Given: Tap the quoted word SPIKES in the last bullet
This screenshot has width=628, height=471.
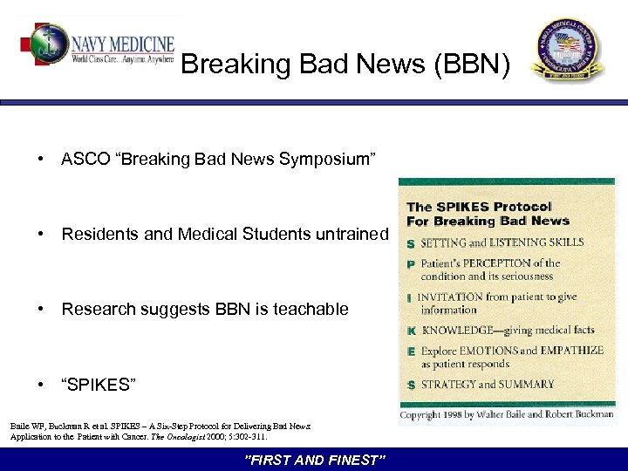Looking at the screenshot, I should point(99,385).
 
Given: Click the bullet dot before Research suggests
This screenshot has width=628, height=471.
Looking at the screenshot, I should point(41,309).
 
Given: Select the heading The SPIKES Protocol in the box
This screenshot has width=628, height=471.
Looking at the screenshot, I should point(479,207).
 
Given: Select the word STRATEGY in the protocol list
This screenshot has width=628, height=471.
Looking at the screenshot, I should point(447,384).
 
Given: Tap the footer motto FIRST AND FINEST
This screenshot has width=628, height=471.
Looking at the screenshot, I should point(313,460).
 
